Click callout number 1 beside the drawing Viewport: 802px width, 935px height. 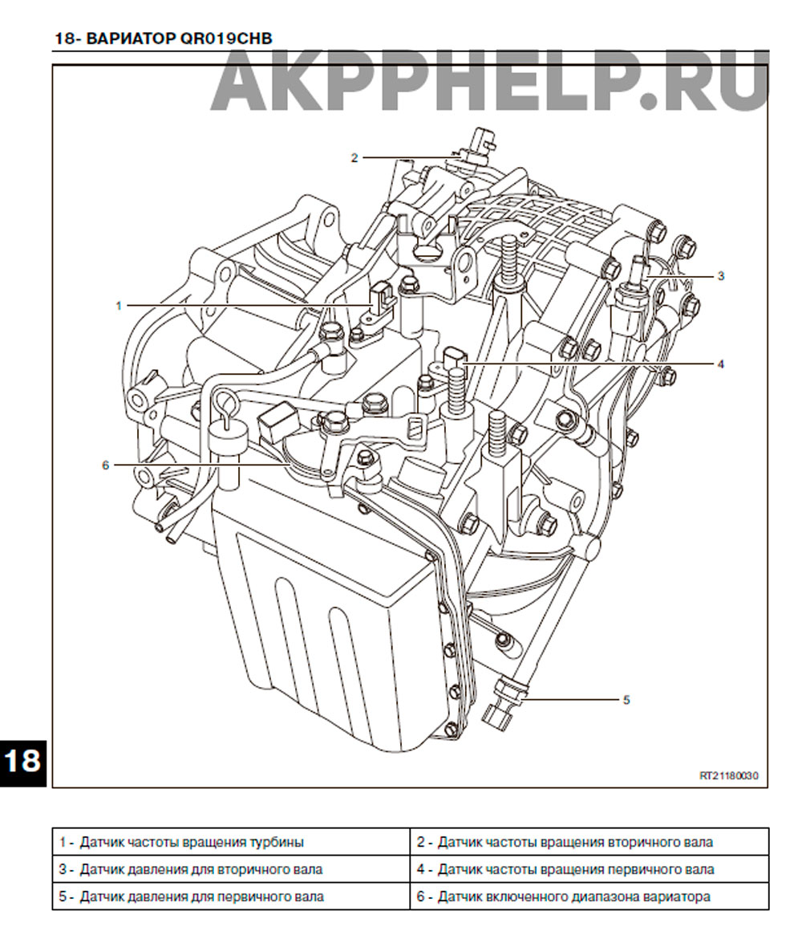119,306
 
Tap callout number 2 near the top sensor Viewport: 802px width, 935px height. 354,158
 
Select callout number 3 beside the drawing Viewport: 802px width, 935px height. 720,276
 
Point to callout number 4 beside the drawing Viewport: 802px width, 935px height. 720,364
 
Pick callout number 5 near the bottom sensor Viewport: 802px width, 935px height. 626,700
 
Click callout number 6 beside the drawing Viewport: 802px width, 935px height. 106,465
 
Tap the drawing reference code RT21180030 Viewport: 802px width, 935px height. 729,776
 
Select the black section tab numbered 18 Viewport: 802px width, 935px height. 22,762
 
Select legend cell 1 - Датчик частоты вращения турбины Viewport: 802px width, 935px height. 231,842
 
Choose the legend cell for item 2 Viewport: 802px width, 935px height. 589,842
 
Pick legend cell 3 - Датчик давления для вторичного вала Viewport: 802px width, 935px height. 231,869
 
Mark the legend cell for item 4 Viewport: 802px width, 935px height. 589,869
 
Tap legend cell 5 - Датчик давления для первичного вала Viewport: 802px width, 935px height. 231,896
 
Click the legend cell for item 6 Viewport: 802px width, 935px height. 589,896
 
